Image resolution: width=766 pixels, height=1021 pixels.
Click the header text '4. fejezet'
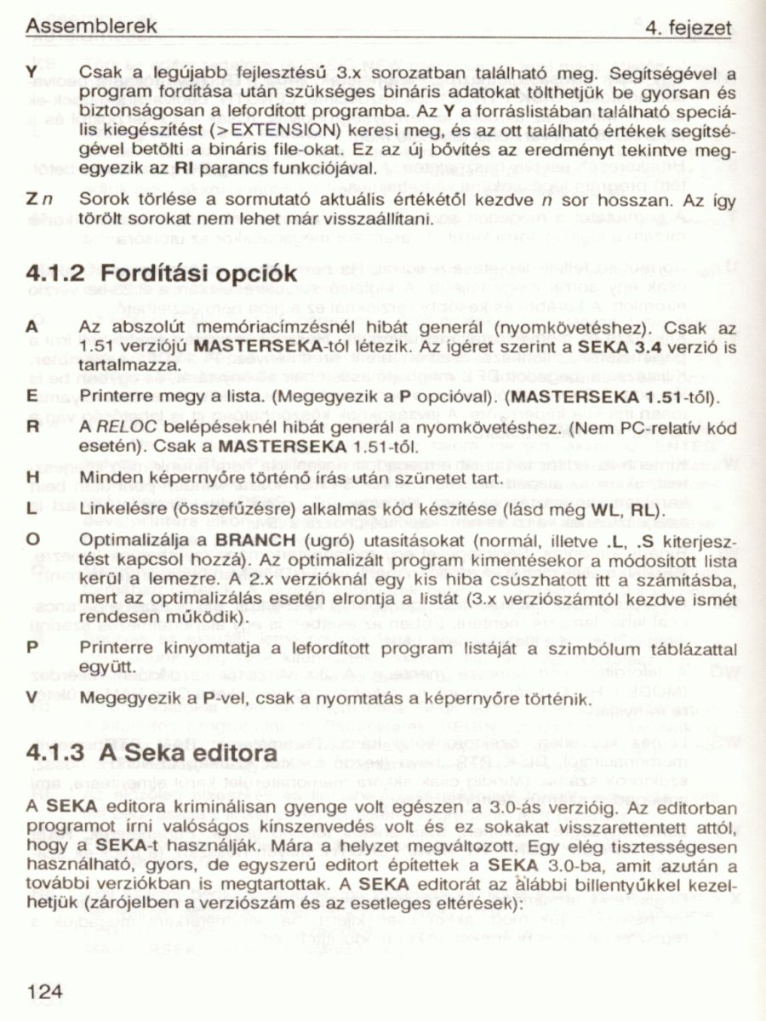pyautogui.click(x=689, y=29)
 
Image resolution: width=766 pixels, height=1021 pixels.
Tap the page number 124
pyautogui.click(x=45, y=990)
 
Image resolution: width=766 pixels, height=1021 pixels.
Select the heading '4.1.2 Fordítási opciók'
pyautogui.click(x=162, y=274)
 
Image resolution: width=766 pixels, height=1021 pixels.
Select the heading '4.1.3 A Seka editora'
pyautogui.click(x=152, y=754)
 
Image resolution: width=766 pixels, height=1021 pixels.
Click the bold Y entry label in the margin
pyautogui.click(x=31, y=74)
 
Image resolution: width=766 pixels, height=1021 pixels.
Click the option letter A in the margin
pyautogui.click(x=31, y=327)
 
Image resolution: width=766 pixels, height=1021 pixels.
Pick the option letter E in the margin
pyautogui.click(x=31, y=396)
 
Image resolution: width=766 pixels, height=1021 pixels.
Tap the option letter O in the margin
pyautogui.click(x=32, y=540)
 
